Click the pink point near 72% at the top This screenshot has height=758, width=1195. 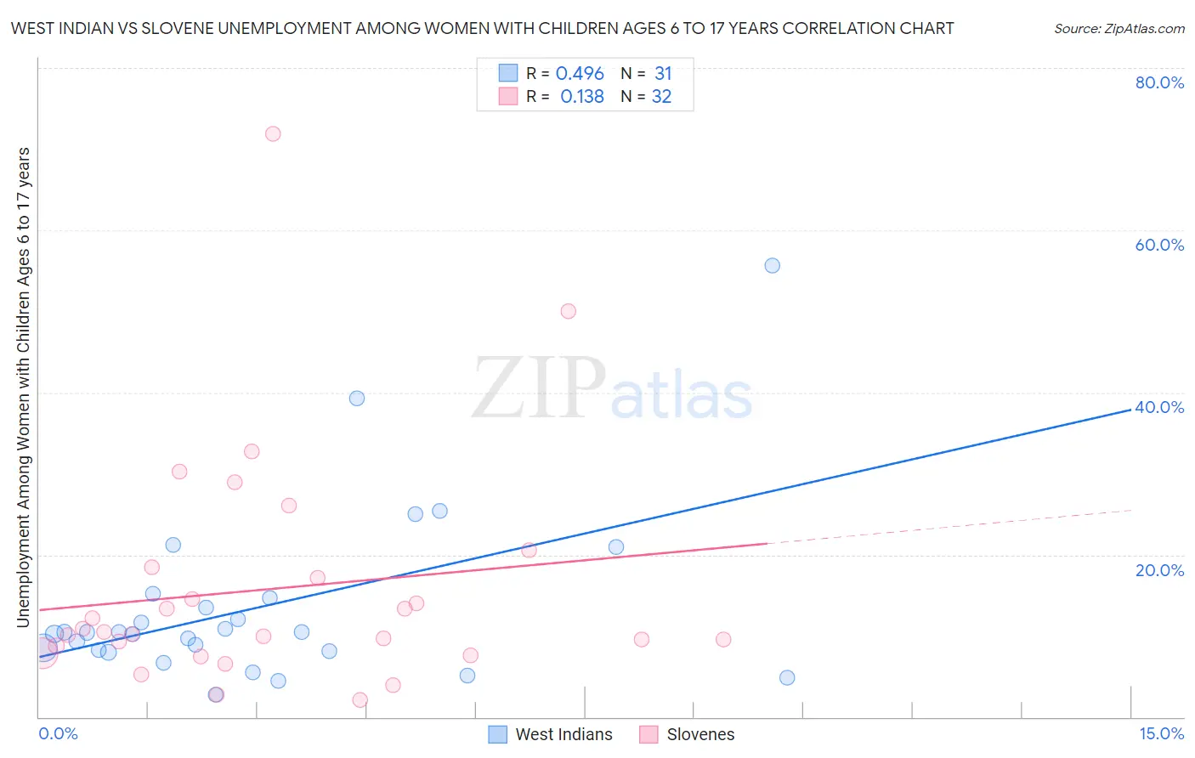pos(273,133)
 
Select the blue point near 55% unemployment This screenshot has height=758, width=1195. pos(772,265)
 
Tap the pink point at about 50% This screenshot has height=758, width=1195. pos(569,311)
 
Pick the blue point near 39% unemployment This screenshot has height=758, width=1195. pos(357,398)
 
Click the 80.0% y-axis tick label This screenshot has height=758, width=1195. pos(1159,82)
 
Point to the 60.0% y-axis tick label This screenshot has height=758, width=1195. pos(1159,245)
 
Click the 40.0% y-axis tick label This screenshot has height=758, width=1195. pos(1159,407)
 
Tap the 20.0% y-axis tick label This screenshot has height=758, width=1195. pos(1159,570)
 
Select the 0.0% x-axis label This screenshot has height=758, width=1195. pos(58,733)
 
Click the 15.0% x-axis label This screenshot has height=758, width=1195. pos(1161,733)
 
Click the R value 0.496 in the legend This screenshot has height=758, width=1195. pos(580,74)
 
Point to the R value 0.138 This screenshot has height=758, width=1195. pos(582,97)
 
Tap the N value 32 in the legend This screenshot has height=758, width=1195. pos(661,97)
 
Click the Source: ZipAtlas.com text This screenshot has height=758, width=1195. pos(1119,29)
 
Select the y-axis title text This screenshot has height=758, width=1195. pos(24,387)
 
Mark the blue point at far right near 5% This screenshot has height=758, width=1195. pos(787,677)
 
